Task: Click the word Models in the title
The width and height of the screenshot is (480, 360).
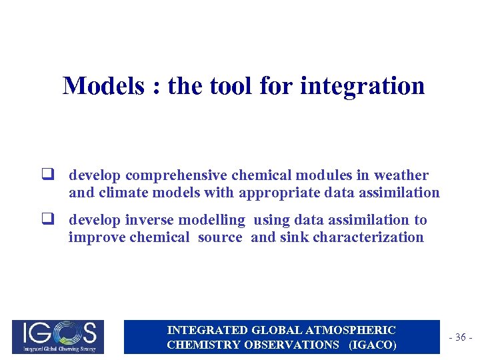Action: coord(103,86)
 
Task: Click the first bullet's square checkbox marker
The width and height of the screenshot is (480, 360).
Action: coord(48,176)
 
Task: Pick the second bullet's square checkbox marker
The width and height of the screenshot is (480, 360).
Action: coord(48,220)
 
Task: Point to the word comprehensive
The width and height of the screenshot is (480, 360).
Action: coord(175,176)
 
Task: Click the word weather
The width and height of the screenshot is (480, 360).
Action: coord(401,175)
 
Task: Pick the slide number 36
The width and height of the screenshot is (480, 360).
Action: coord(460,338)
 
